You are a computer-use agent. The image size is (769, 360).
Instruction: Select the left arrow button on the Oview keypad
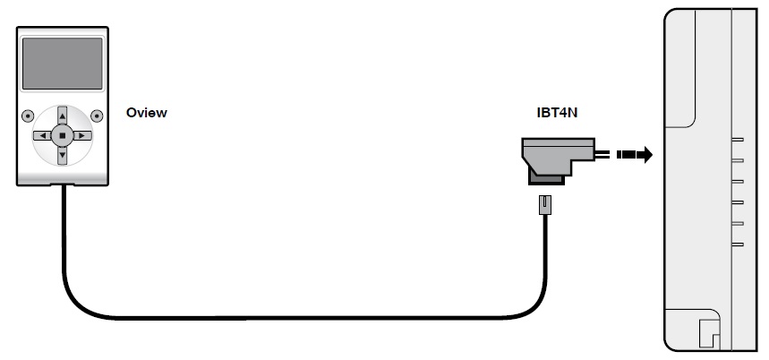[x=41, y=136]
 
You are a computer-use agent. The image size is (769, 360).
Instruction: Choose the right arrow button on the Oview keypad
[x=82, y=136]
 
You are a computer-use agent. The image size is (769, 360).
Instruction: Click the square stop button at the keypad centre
[x=62, y=136]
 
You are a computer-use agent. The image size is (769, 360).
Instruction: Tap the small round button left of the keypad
[x=28, y=115]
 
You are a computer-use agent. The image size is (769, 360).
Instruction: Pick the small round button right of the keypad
[x=96, y=115]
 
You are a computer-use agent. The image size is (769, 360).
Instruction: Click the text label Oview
[x=147, y=114]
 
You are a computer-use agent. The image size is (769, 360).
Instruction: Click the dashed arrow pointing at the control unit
[x=636, y=155]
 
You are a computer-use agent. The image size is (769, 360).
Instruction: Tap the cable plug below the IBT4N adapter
[x=542, y=206]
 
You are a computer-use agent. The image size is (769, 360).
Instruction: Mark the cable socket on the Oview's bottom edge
[x=64, y=185]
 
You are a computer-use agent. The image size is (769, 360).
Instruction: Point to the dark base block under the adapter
[x=545, y=179]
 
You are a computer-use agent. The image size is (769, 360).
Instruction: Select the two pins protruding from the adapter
[x=601, y=155]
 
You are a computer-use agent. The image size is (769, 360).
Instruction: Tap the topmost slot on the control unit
[x=738, y=140]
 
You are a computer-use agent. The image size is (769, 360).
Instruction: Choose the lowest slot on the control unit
[x=738, y=243]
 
